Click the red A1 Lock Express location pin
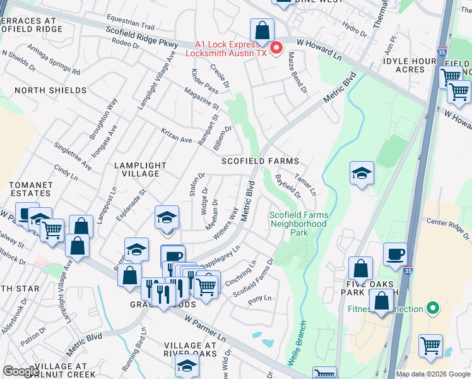coord(276,47)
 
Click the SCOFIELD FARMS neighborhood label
coord(260,161)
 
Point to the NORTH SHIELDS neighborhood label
coord(50,90)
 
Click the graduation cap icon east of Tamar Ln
coord(362,174)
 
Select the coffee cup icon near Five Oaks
coord(395,254)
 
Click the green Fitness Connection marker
coord(432,309)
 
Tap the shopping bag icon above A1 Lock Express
coord(262,30)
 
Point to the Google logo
coord(21,371)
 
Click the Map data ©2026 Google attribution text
coord(433,374)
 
